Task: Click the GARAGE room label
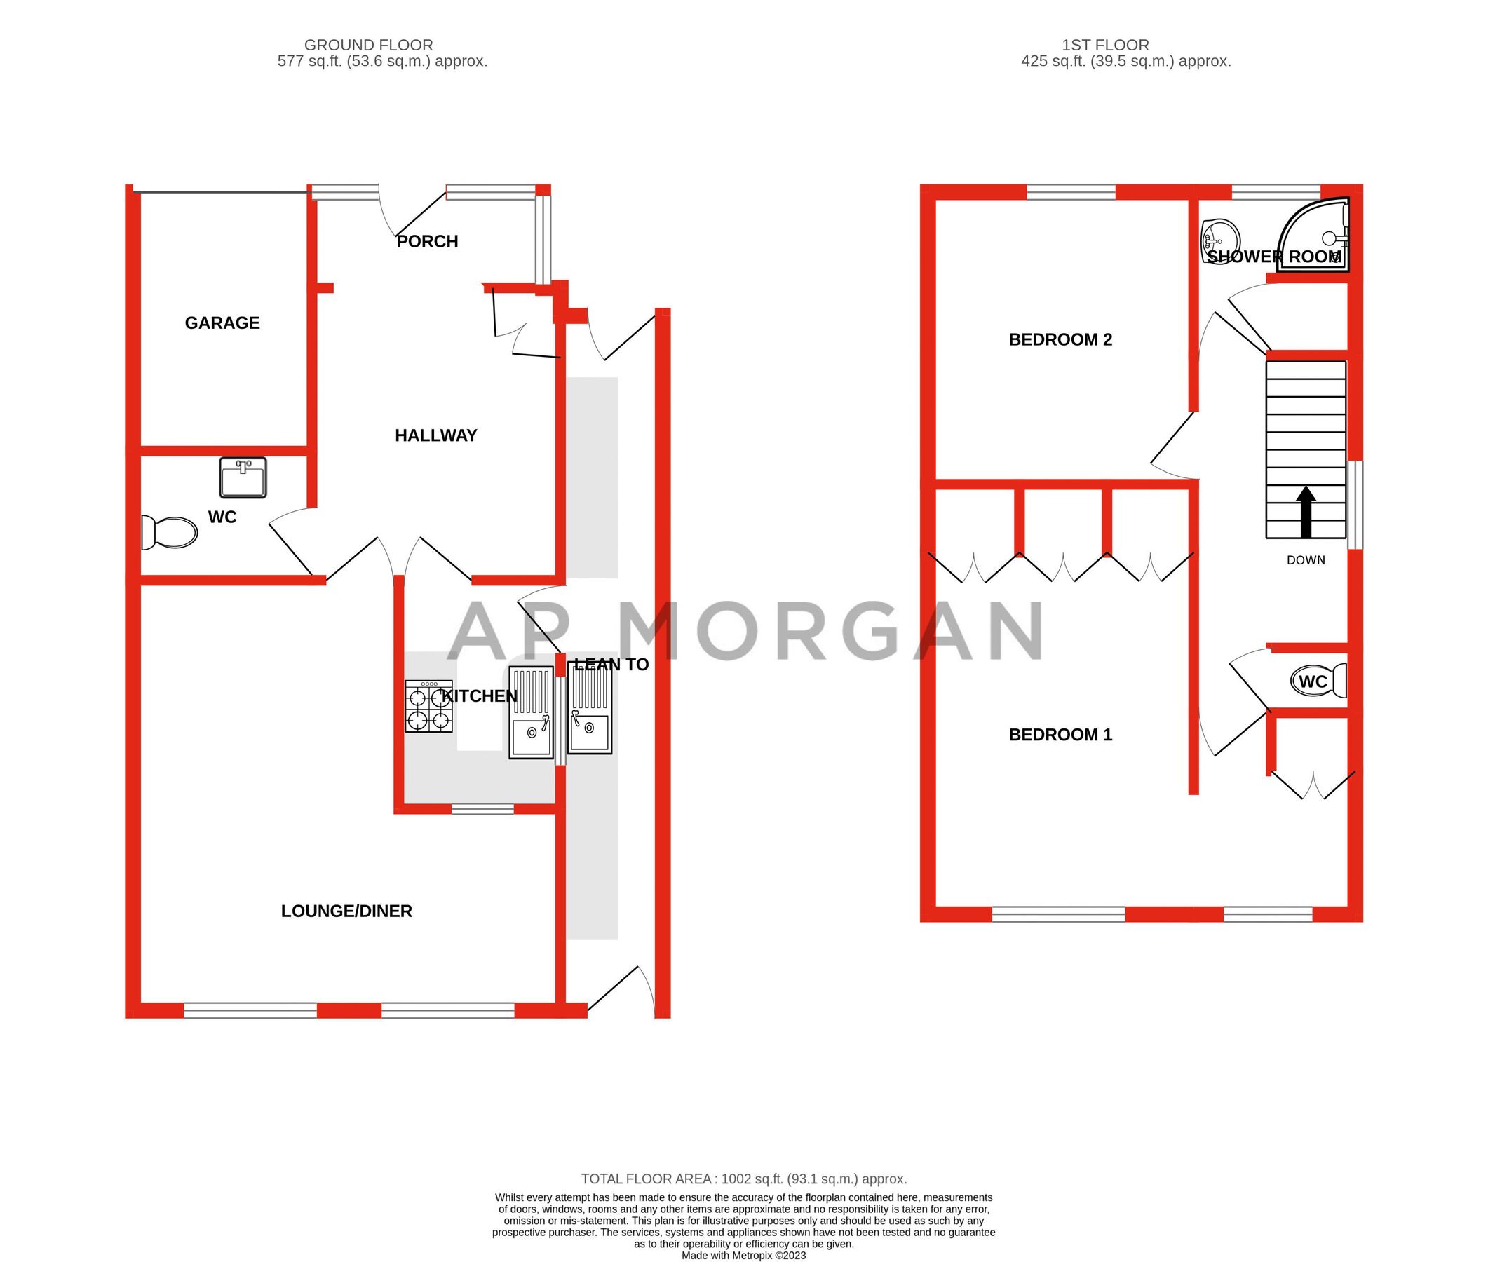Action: click(x=222, y=323)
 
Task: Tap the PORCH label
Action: click(x=427, y=241)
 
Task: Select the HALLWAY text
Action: click(x=435, y=435)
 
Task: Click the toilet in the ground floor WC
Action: click(x=170, y=532)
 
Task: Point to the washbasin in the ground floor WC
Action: click(x=243, y=477)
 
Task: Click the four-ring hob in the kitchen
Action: click(x=428, y=706)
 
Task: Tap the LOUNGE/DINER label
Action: click(x=346, y=911)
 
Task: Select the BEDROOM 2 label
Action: click(x=1060, y=339)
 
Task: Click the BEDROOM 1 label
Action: click(x=1060, y=734)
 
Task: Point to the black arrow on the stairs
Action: click(x=1306, y=512)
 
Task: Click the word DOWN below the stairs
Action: click(x=1306, y=560)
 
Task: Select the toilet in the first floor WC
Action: click(x=1319, y=681)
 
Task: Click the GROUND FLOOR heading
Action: click(x=368, y=45)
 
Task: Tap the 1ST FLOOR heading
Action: click(x=1105, y=45)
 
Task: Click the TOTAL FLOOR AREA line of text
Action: click(x=743, y=1179)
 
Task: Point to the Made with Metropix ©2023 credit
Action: click(x=743, y=1256)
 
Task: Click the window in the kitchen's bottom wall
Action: click(x=482, y=809)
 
